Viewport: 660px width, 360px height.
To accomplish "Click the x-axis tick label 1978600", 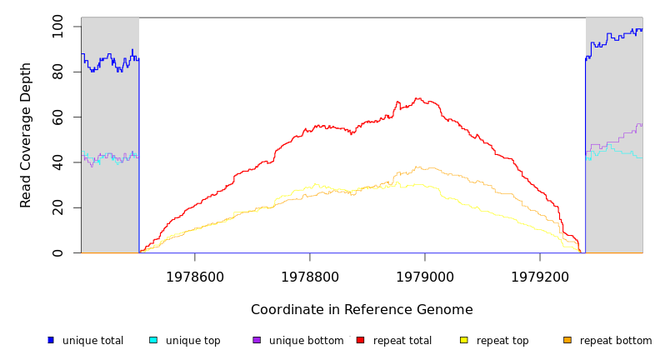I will [x=195, y=277].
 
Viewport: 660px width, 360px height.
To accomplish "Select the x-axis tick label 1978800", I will [x=310, y=277].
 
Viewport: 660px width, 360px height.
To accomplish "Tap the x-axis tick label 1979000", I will [x=425, y=277].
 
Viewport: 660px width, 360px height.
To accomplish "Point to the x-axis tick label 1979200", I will [x=540, y=277].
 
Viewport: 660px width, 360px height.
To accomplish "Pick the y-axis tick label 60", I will [x=57, y=117].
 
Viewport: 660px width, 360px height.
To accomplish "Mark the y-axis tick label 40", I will [x=57, y=162].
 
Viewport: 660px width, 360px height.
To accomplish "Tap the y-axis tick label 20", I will [x=57, y=207].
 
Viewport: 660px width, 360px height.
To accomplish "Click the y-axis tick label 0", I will [x=57, y=252].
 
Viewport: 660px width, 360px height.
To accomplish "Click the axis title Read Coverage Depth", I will [x=27, y=135].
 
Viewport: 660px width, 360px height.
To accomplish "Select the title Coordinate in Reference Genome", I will [x=362, y=310].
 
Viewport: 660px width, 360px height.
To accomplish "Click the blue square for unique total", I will [x=51, y=340].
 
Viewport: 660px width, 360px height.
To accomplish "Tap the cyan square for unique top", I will [x=153, y=340].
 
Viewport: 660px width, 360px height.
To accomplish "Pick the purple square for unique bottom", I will [x=257, y=340].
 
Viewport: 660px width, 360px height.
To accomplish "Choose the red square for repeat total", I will [x=360, y=340].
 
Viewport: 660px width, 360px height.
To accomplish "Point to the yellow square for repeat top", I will [x=463, y=340].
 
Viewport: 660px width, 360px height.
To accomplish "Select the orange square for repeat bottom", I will [x=567, y=340].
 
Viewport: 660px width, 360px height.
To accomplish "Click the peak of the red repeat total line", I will [x=417, y=98].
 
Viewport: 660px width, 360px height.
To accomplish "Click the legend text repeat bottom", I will [x=616, y=341].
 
